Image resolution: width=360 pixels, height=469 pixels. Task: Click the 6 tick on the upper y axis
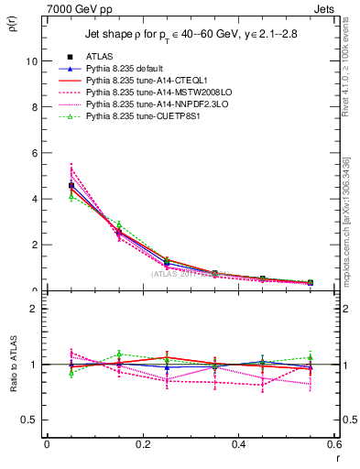click(x=35, y=153)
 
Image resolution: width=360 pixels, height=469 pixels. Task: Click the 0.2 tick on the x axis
click(x=142, y=444)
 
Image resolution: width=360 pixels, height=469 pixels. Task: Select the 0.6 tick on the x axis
click(x=333, y=444)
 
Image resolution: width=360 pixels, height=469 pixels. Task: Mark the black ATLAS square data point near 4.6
click(x=71, y=185)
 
